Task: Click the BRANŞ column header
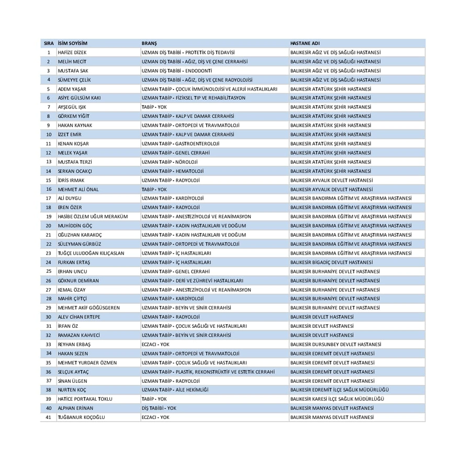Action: tap(149, 43)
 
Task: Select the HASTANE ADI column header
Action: tap(305, 43)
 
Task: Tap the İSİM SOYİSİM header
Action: tap(73, 43)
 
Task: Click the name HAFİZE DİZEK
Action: tap(72, 52)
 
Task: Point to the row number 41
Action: tap(49, 417)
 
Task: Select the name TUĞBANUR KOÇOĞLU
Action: tap(81, 417)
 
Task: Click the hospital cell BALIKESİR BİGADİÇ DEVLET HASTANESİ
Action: tap(331, 262)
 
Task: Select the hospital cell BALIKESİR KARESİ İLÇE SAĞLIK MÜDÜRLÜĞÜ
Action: tap(337, 399)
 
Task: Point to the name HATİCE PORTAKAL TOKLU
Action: tap(85, 399)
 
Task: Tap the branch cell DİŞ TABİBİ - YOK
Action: tap(159, 408)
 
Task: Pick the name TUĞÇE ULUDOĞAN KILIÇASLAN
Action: tap(91, 253)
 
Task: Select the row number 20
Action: tap(49, 226)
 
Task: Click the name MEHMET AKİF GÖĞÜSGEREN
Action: tap(88, 308)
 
